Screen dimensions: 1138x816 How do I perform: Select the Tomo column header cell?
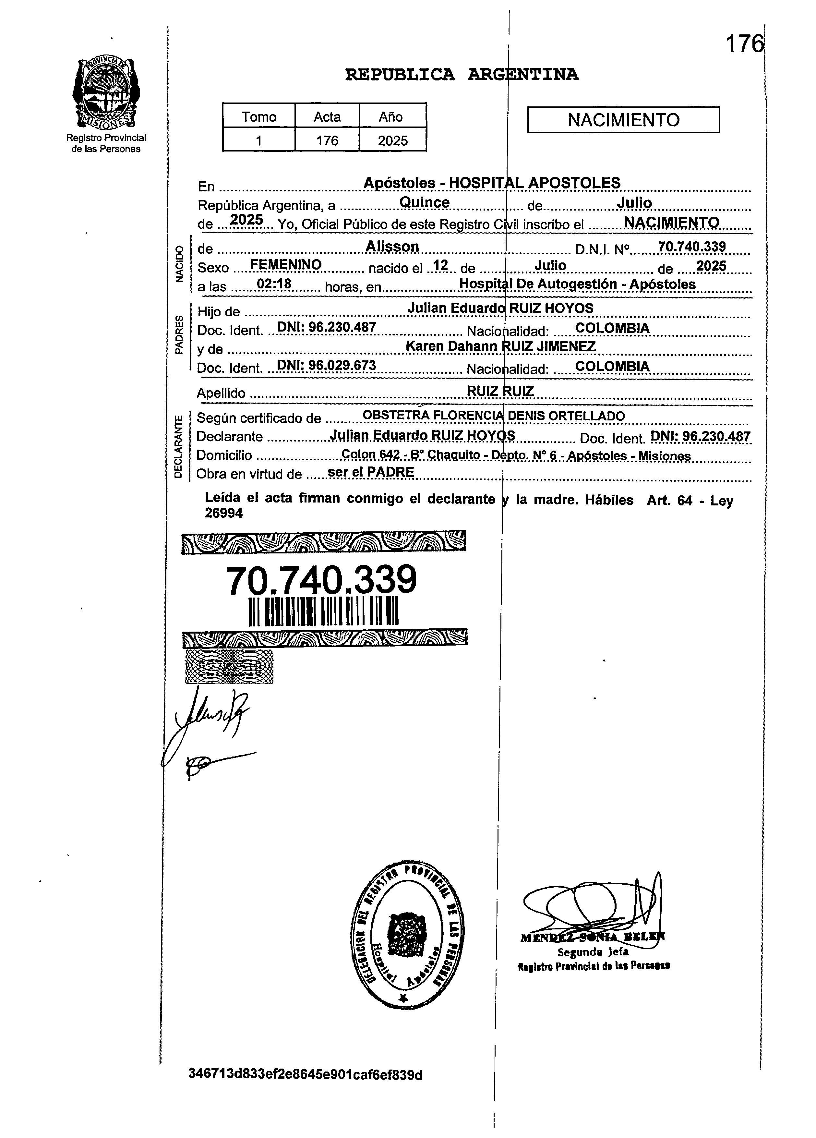[x=259, y=116]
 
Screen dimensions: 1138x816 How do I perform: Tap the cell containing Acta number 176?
[x=327, y=140]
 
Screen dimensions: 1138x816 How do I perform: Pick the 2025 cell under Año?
[x=393, y=140]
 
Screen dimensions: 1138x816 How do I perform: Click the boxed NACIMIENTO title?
[x=623, y=120]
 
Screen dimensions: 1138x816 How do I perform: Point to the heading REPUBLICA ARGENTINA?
[x=462, y=75]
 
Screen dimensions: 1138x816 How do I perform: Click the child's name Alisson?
[x=392, y=246]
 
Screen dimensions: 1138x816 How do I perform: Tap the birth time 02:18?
[x=274, y=284]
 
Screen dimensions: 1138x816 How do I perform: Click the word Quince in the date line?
[x=424, y=202]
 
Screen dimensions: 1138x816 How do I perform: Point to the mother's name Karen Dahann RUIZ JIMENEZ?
[x=500, y=346]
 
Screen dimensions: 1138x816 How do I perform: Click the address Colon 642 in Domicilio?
[x=370, y=454]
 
